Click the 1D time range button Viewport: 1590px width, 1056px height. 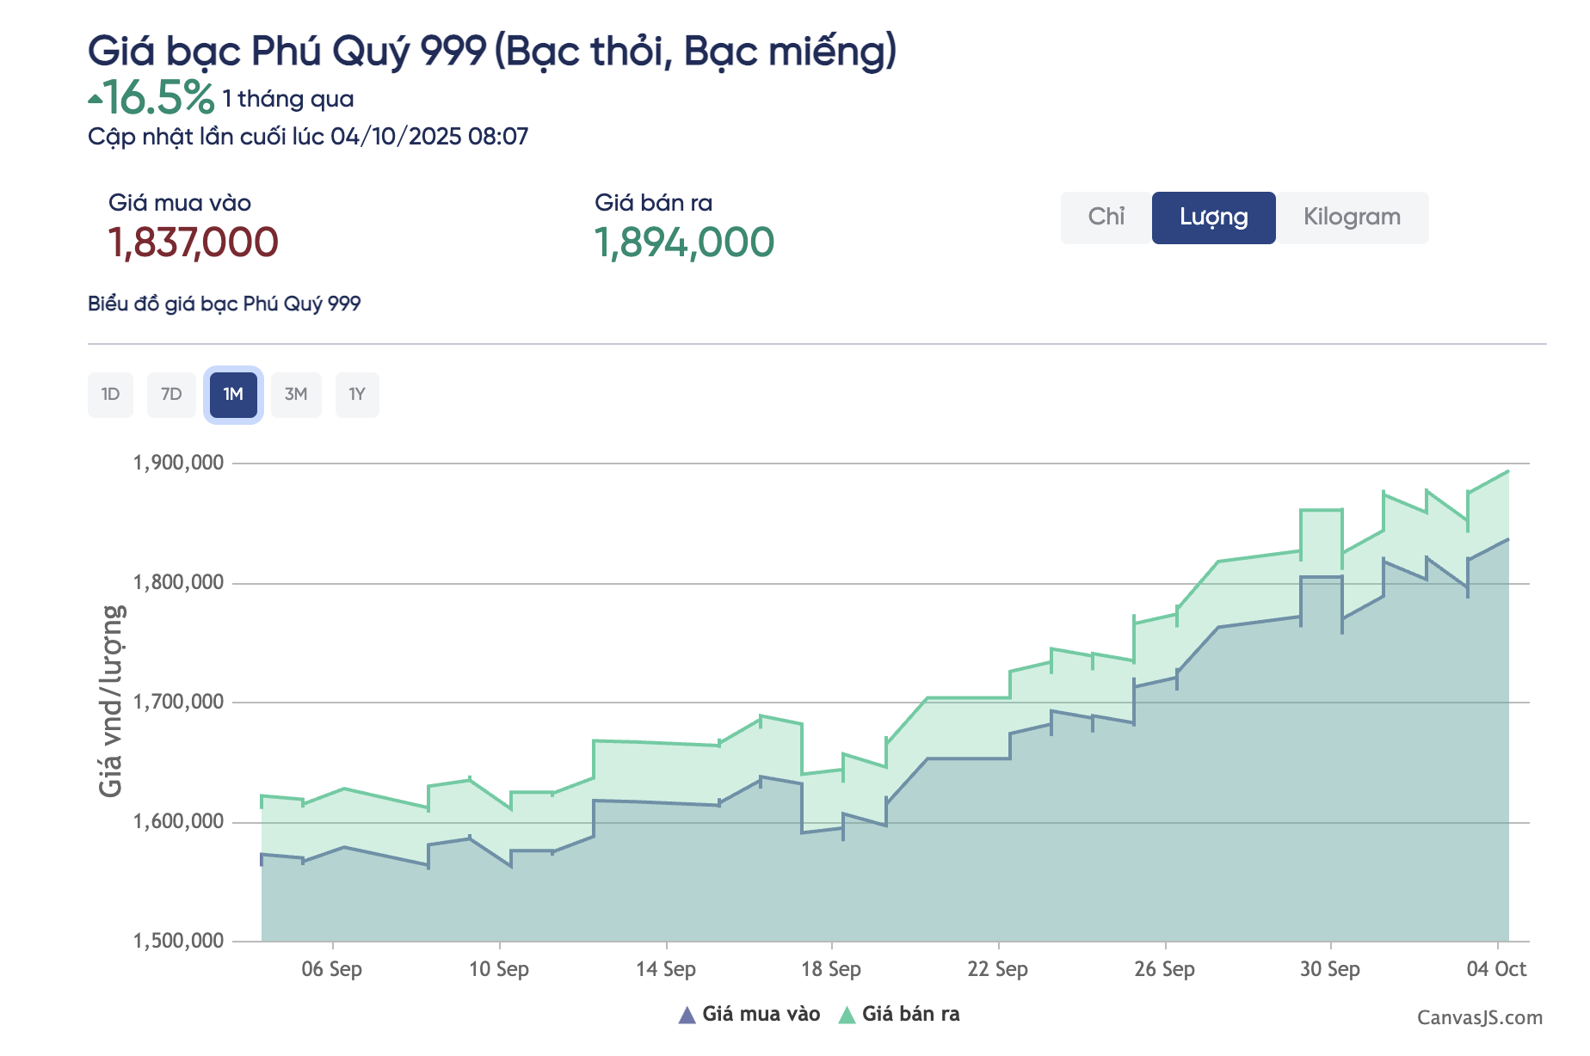tap(110, 395)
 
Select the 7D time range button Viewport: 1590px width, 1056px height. tap(171, 395)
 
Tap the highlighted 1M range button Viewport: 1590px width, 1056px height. tap(233, 395)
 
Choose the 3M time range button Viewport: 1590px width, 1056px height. tap(296, 395)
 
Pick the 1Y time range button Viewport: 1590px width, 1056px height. tap(357, 395)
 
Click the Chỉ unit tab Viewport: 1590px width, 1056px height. tap(1106, 218)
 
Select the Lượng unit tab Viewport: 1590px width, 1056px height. tap(1213, 218)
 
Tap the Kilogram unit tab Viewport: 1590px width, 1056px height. tap(1352, 218)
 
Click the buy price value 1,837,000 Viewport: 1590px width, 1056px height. tap(194, 243)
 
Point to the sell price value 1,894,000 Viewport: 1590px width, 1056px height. tap(684, 243)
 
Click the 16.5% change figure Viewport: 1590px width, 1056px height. tap(158, 98)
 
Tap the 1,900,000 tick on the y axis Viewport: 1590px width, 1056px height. tap(178, 464)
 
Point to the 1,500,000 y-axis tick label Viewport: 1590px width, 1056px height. tap(178, 941)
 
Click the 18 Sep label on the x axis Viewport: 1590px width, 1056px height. tap(831, 969)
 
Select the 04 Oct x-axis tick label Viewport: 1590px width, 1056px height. tap(1496, 969)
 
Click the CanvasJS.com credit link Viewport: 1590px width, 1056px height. tap(1479, 1018)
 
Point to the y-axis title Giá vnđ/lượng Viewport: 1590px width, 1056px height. tap(112, 701)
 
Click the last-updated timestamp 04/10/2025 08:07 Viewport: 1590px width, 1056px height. tap(429, 137)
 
